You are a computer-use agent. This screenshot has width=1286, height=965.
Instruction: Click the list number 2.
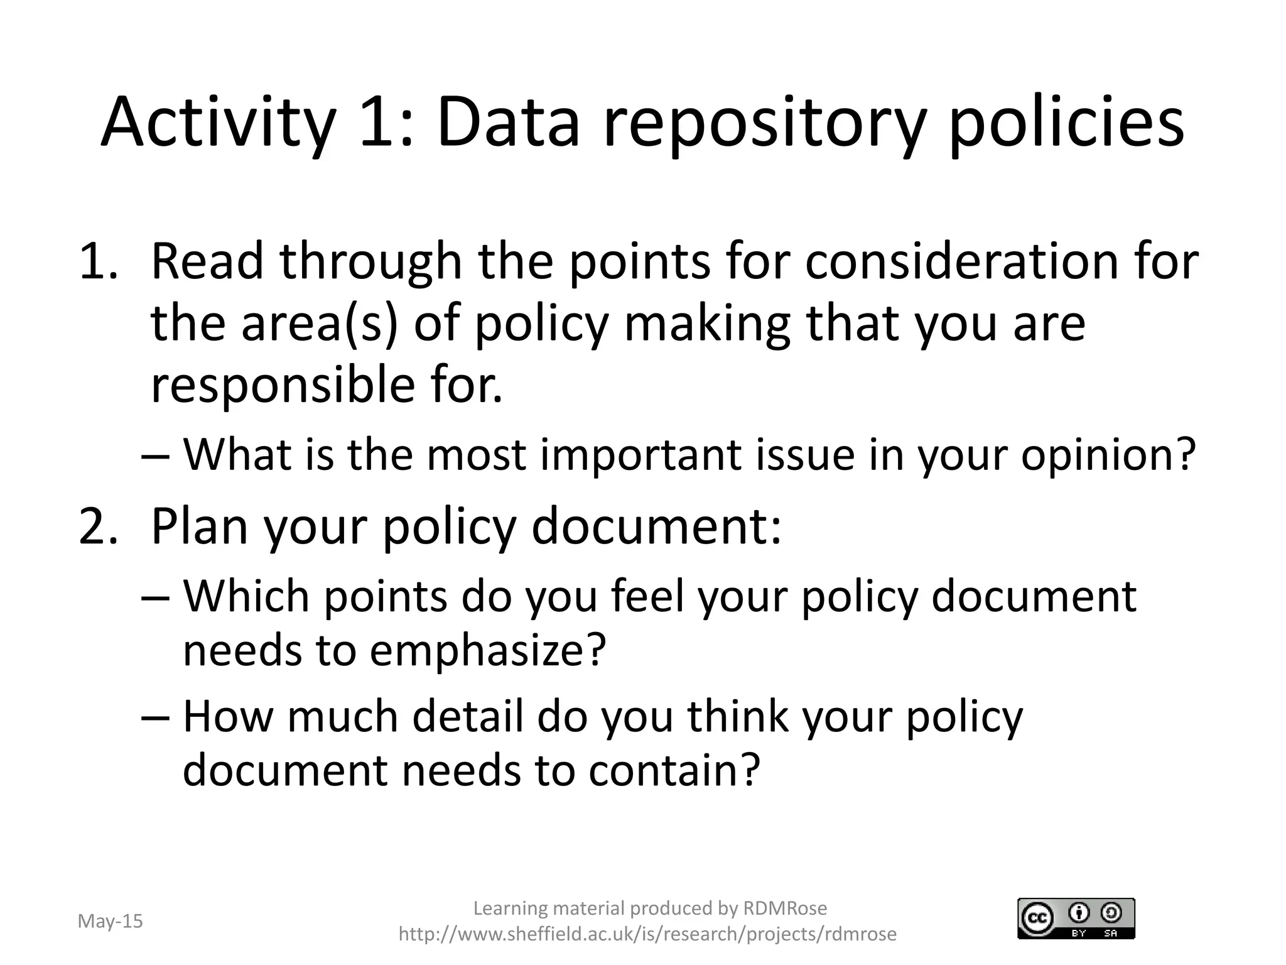pos(97,526)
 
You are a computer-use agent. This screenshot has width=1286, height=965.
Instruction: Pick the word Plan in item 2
pos(199,526)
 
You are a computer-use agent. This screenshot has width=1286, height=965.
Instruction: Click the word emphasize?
pos(487,650)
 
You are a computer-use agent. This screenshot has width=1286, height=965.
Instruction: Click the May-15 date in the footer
pos(110,921)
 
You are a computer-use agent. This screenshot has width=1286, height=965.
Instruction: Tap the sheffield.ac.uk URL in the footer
pos(647,934)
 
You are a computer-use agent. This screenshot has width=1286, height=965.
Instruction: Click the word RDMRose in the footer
pos(785,908)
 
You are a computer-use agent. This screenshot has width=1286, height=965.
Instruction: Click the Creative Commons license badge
pos(1076,919)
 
